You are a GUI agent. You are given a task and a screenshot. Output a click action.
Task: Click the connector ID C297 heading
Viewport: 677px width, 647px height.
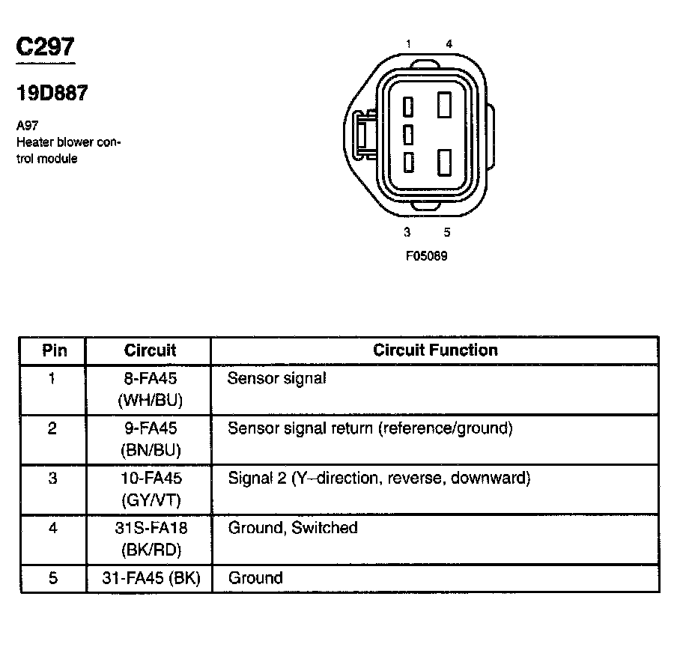[x=46, y=47]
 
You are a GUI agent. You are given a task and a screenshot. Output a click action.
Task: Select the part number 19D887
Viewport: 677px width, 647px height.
[x=52, y=93]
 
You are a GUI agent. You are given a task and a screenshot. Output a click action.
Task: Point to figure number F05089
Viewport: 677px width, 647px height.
[x=427, y=255]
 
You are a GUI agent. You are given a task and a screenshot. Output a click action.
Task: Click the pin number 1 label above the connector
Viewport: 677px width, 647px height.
[x=408, y=44]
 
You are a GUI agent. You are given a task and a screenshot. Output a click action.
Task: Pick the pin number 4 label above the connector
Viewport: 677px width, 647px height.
[x=449, y=44]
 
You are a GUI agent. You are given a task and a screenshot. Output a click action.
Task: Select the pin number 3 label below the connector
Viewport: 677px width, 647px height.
[x=407, y=232]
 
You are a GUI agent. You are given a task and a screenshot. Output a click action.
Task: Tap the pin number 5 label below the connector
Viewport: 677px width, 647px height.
[x=447, y=232]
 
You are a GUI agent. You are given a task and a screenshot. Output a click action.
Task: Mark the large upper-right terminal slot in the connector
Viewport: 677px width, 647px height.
[x=445, y=105]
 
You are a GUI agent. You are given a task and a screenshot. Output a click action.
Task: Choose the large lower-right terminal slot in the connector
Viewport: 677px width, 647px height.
[x=445, y=162]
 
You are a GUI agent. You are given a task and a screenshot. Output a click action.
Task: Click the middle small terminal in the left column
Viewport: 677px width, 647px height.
[x=408, y=135]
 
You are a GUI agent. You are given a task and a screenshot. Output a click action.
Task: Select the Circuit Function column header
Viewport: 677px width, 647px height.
[x=435, y=350]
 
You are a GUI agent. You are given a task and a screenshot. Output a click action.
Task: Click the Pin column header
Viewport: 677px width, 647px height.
[x=54, y=350]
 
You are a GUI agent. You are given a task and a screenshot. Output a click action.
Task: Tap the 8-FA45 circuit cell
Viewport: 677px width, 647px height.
[x=150, y=378]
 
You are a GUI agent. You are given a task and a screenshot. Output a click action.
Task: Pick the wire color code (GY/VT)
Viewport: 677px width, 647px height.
[x=150, y=499]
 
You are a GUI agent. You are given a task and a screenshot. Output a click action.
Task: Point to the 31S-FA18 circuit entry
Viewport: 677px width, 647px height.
[x=150, y=528]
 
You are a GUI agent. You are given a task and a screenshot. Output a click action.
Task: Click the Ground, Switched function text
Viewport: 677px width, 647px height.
[x=292, y=528]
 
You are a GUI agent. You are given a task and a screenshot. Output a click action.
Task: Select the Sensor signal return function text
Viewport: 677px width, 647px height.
[x=370, y=428]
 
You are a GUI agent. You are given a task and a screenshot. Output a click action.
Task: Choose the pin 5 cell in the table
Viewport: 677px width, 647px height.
[x=52, y=577]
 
